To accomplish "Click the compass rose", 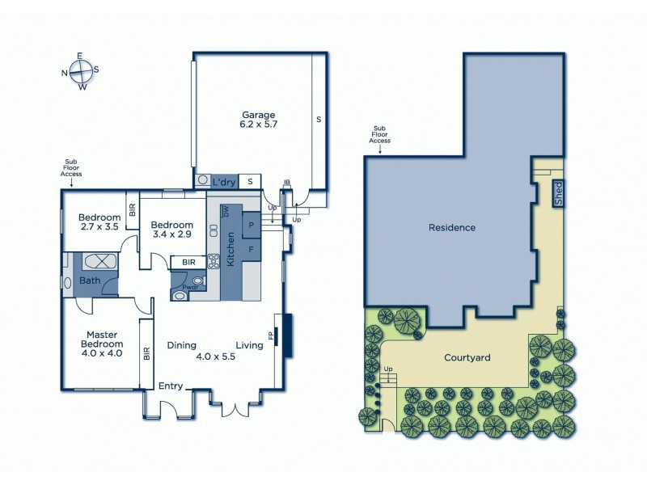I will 80,71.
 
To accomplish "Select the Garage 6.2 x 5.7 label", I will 258,120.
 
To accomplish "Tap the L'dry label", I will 224,183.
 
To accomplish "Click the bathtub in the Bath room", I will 95,263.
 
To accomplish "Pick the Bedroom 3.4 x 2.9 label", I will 171,230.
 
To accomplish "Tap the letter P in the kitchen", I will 251,225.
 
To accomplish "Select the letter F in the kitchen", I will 251,250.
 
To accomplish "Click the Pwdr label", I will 191,286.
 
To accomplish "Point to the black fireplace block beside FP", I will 286,331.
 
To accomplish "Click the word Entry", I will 171,386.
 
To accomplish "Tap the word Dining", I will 182,345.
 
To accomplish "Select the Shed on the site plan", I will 557,192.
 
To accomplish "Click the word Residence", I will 451,227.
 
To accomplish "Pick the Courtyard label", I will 467,356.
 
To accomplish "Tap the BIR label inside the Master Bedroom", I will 146,353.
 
